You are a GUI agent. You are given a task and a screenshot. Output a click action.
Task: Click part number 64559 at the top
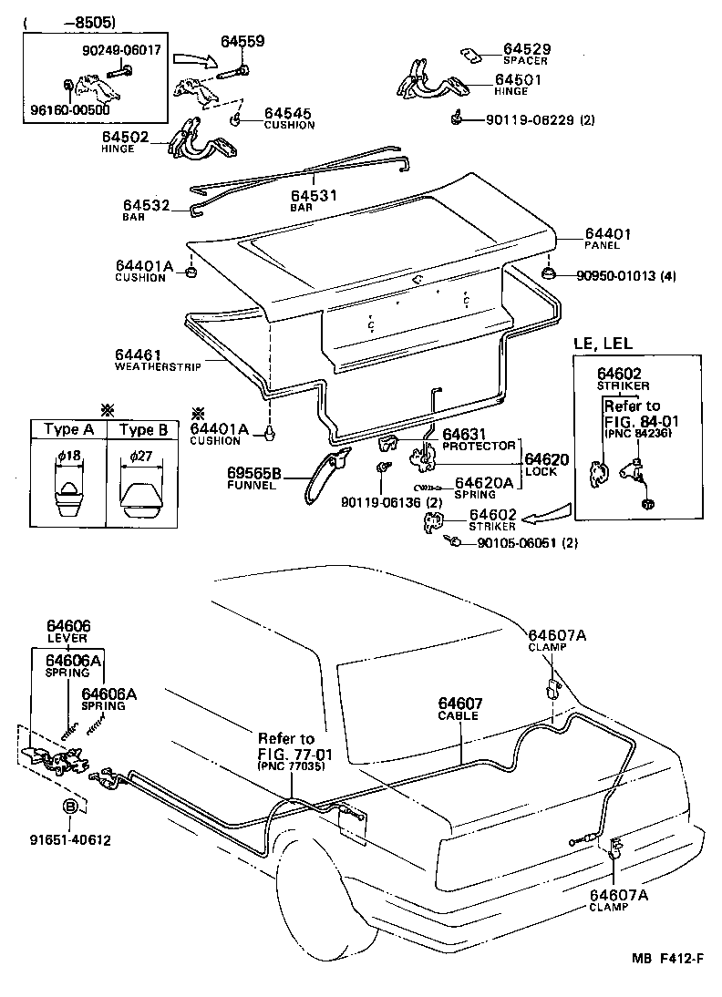pos(242,41)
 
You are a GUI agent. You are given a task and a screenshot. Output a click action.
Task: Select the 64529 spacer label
pos(527,48)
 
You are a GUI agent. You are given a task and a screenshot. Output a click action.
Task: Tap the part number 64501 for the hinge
pos(518,80)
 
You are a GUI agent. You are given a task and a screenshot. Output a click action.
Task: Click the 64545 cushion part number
pos(289,114)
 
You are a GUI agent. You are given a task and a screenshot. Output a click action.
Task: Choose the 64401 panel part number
pos(608,234)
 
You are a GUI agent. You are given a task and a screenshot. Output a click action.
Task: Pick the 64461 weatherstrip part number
pos(138,355)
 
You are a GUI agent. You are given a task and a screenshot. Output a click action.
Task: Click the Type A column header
pos(68,430)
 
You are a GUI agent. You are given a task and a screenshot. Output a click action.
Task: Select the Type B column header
pos(144,430)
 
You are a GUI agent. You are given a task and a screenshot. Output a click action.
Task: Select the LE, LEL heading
pos(603,343)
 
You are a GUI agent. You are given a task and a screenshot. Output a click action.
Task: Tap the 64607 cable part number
pos(460,703)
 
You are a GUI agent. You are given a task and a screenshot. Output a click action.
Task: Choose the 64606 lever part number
pos(69,626)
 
